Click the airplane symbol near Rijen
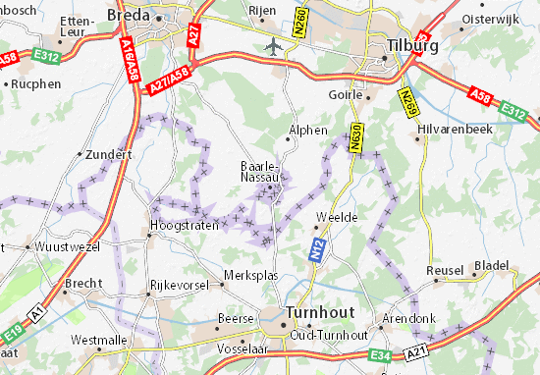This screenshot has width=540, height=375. [270, 45]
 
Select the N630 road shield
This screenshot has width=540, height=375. [354, 142]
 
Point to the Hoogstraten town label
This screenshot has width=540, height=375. [180, 225]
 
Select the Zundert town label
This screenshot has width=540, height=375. [109, 154]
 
